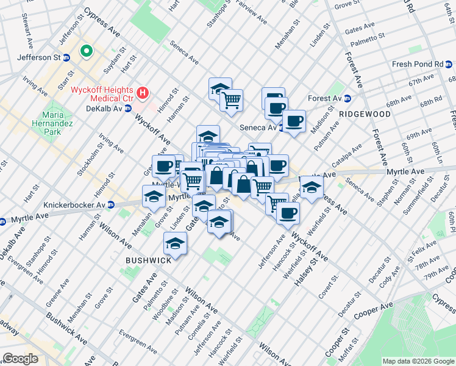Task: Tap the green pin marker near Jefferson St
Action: click(x=87, y=52)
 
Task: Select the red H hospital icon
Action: click(x=143, y=93)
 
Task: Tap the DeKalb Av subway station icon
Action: click(x=128, y=108)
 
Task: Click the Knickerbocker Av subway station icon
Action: click(x=110, y=205)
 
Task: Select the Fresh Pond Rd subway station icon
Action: click(x=450, y=64)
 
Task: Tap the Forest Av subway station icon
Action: click(x=347, y=98)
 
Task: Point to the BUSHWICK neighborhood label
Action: click(x=148, y=260)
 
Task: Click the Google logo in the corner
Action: click(x=21, y=359)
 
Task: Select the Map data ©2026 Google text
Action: click(x=418, y=361)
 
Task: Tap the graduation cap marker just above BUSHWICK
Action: click(x=176, y=243)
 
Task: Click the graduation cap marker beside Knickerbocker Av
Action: click(x=154, y=196)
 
